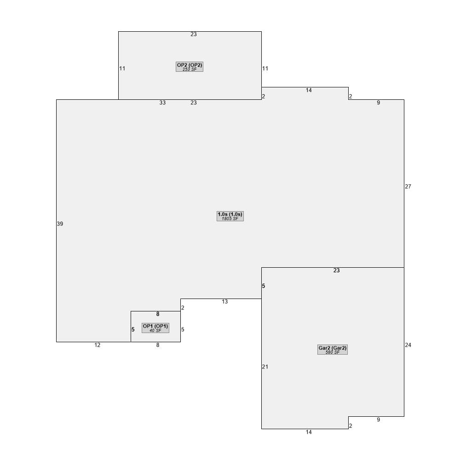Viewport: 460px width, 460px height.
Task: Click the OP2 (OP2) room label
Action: pos(190,65)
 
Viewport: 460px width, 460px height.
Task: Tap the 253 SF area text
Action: pos(190,69)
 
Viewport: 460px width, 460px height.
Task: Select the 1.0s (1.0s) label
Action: pos(230,214)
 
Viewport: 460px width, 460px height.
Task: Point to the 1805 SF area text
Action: pos(230,219)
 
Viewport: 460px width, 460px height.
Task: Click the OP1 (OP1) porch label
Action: pos(155,326)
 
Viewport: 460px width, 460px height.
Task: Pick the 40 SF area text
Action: pos(155,331)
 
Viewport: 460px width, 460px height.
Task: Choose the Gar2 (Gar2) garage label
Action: pos(332,348)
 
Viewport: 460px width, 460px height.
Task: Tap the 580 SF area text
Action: pos(332,352)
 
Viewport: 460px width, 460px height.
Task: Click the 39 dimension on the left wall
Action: pos(60,224)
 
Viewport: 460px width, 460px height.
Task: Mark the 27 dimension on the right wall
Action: pos(408,187)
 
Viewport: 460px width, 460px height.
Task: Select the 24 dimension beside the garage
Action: pos(408,345)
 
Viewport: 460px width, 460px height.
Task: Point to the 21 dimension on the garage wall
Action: pos(265,367)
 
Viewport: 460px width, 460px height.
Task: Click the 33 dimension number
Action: pos(162,103)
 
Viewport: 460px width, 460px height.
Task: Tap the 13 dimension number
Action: pos(224,302)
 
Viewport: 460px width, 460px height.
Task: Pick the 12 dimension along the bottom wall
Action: pos(97,345)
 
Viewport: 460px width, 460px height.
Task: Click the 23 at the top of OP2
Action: pos(193,34)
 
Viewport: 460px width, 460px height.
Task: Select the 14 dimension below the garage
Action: pos(309,432)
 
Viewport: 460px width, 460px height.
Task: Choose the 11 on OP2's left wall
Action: pos(122,69)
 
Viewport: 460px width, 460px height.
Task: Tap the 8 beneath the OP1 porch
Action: pos(158,345)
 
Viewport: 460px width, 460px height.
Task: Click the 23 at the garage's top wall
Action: pos(336,271)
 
